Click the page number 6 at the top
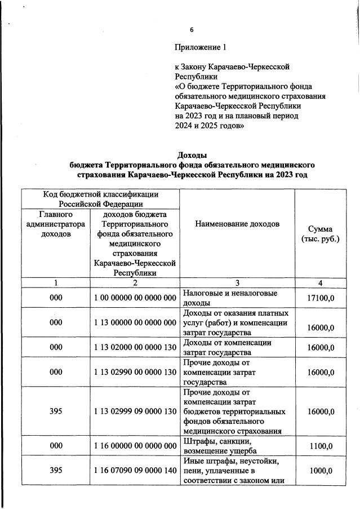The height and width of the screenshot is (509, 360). pyautogui.click(x=192, y=30)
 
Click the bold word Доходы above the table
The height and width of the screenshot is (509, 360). pyautogui.click(x=193, y=155)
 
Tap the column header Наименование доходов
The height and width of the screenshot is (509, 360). pyautogui.click(x=237, y=224)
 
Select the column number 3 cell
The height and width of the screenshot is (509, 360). pyautogui.click(x=237, y=282)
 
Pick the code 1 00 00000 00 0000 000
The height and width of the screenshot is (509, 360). pyautogui.click(x=135, y=297)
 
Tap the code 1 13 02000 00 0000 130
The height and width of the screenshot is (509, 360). pyautogui.click(x=135, y=347)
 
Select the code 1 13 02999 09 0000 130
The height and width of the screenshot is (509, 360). pyautogui.click(x=135, y=411)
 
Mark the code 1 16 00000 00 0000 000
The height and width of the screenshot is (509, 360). pyautogui.click(x=135, y=445)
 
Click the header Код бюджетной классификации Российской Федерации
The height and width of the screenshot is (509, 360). pyautogui.click(x=101, y=199)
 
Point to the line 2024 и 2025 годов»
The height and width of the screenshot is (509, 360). pyautogui.click(x=210, y=126)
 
